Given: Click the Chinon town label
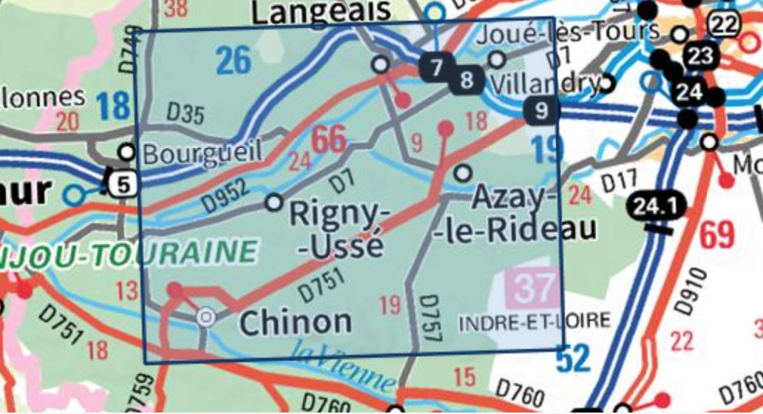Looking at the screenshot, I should tap(296, 322).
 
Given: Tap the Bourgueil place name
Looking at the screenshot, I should tap(202, 154).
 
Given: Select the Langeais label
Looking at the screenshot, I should tap(321, 11).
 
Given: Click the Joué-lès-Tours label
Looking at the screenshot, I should tap(569, 33).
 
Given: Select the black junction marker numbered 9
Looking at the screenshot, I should tap(542, 111).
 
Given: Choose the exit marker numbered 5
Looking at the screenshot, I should tap(121, 183).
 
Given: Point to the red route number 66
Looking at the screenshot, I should tap(328, 140).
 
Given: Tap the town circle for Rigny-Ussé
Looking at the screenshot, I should tap(274, 201).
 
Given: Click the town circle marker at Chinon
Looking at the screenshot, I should tap(206, 318).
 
